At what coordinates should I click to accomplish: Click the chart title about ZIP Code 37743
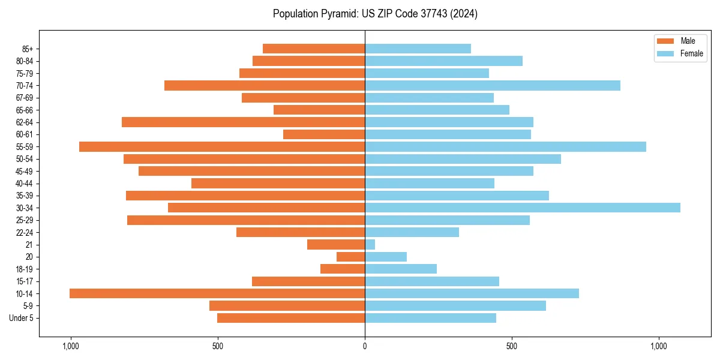pyautogui.click(x=375, y=14)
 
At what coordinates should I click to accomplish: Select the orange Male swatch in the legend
pyautogui.click(x=665, y=41)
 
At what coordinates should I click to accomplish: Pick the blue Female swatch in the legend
pyautogui.click(x=665, y=53)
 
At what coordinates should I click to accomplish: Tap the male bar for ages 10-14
pyautogui.click(x=217, y=293)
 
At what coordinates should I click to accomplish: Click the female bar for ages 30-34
pyautogui.click(x=522, y=208)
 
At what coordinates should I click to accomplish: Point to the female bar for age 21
pyautogui.click(x=370, y=245)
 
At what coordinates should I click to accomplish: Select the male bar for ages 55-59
pyautogui.click(x=222, y=146)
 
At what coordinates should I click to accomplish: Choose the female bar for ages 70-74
pyautogui.click(x=492, y=85)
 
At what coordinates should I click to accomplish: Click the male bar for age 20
pyautogui.click(x=351, y=257)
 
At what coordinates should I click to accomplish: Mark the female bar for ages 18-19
pyautogui.click(x=401, y=269)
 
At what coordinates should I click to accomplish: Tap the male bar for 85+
pyautogui.click(x=314, y=49)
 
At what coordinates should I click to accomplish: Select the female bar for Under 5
pyautogui.click(x=430, y=318)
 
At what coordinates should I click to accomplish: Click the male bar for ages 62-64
pyautogui.click(x=243, y=122)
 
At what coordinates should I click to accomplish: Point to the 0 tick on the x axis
pyautogui.click(x=365, y=346)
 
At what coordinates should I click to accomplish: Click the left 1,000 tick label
pyautogui.click(x=71, y=346)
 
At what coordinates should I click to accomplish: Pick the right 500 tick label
pyautogui.click(x=512, y=346)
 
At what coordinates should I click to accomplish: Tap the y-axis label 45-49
pyautogui.click(x=23, y=171)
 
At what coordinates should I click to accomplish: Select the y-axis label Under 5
pyautogui.click(x=21, y=318)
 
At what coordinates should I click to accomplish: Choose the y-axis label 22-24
pyautogui.click(x=23, y=232)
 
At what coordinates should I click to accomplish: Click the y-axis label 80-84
pyautogui.click(x=23, y=61)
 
